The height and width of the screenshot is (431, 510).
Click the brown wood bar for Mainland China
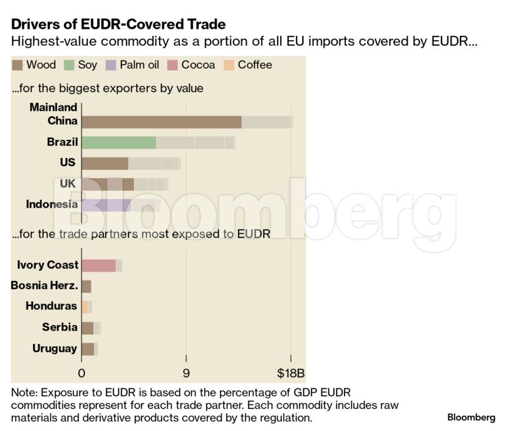(x=162, y=122)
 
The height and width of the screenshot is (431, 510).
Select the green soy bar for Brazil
(x=119, y=142)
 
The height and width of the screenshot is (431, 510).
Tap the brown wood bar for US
(x=105, y=163)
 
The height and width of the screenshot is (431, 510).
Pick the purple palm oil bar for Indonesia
(x=106, y=205)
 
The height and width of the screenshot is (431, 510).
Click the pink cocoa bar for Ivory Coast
(x=99, y=265)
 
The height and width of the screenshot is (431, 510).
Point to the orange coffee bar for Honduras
(x=85, y=307)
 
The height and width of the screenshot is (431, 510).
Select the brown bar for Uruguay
(x=88, y=348)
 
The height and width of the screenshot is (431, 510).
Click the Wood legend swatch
(x=18, y=65)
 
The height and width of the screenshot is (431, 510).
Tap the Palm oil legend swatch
(x=110, y=65)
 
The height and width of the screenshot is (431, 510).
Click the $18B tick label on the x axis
(x=291, y=373)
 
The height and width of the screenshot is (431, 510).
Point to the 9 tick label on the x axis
(x=186, y=373)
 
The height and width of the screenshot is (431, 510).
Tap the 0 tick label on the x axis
(x=81, y=373)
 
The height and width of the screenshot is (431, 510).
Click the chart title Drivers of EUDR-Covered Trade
(x=118, y=24)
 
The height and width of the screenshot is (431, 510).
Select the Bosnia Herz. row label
(x=44, y=286)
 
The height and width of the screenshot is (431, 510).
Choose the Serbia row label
(x=60, y=327)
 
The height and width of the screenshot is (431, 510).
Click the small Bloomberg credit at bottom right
(x=471, y=417)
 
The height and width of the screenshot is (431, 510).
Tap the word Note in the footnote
(x=24, y=392)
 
